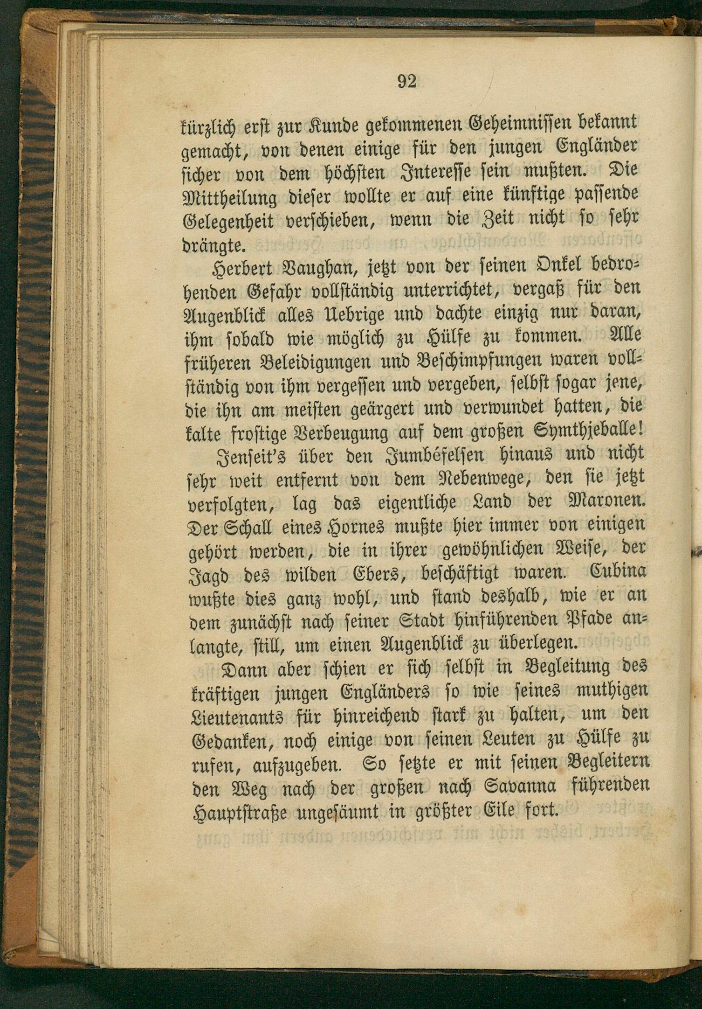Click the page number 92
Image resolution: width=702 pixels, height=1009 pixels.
tap(406, 81)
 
